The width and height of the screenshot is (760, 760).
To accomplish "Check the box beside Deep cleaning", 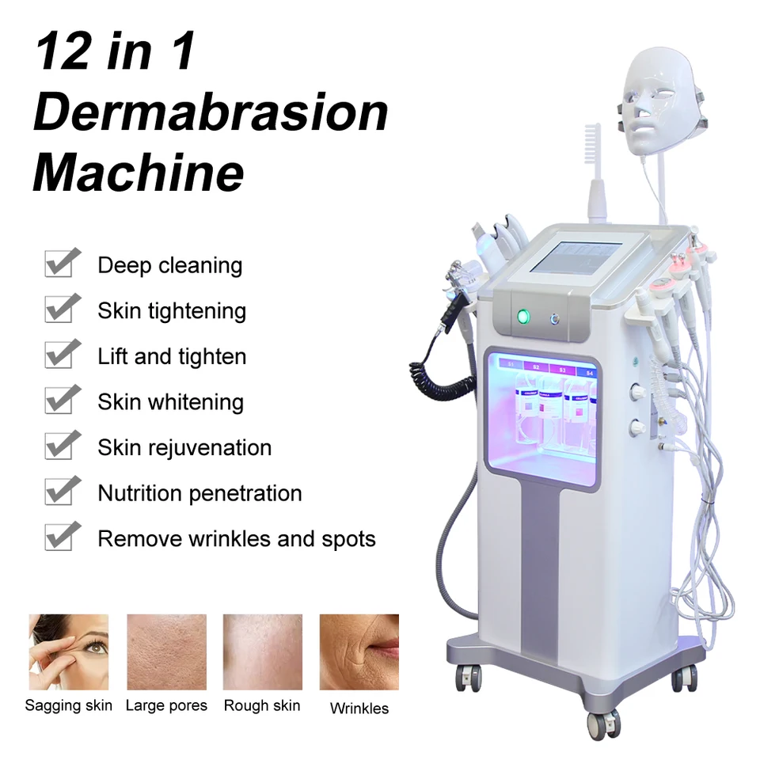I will (x=62, y=263).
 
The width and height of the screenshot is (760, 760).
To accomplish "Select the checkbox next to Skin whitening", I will (x=62, y=400).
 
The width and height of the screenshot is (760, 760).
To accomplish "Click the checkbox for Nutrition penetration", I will (x=62, y=492).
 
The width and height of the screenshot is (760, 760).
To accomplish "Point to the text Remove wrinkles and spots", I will (x=236, y=539).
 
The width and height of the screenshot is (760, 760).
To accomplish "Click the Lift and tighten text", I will (x=172, y=356).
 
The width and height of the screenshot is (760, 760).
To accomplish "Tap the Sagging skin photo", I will (x=69, y=652).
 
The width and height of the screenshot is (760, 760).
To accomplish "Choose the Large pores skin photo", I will (x=166, y=652).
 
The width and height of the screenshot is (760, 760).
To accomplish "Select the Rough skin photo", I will (x=262, y=652).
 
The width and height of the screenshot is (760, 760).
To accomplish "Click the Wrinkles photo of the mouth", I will (x=359, y=652).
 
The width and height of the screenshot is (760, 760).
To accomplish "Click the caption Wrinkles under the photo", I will (x=359, y=709).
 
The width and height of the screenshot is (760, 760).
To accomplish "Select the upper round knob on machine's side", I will (x=636, y=390).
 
